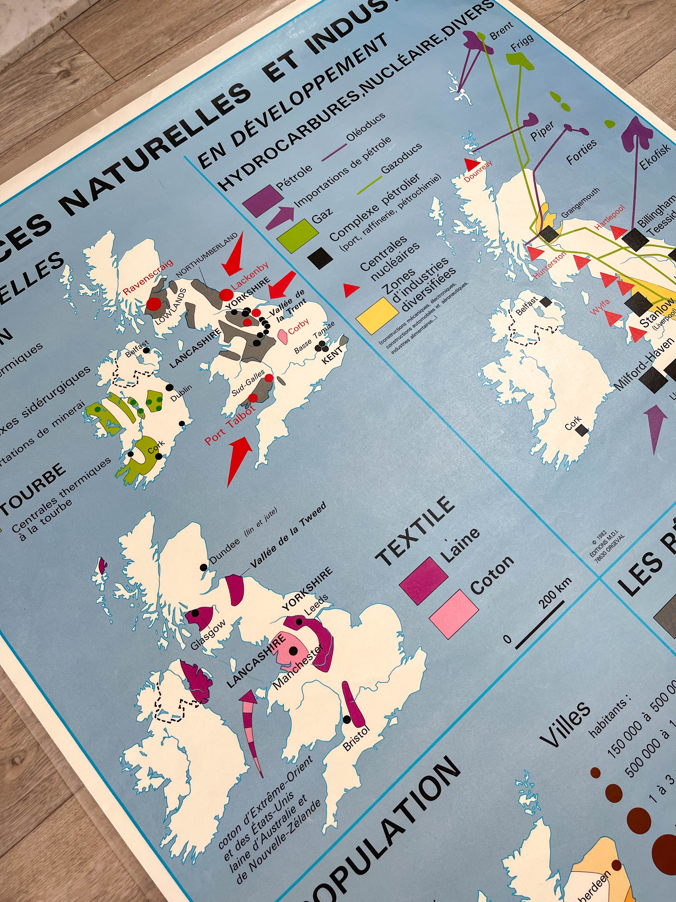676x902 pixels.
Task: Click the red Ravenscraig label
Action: pyautogui.click(x=148, y=277)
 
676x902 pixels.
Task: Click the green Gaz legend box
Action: pyautogui.click(x=298, y=233)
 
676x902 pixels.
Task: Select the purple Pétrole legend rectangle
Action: pyautogui.click(x=263, y=201)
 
